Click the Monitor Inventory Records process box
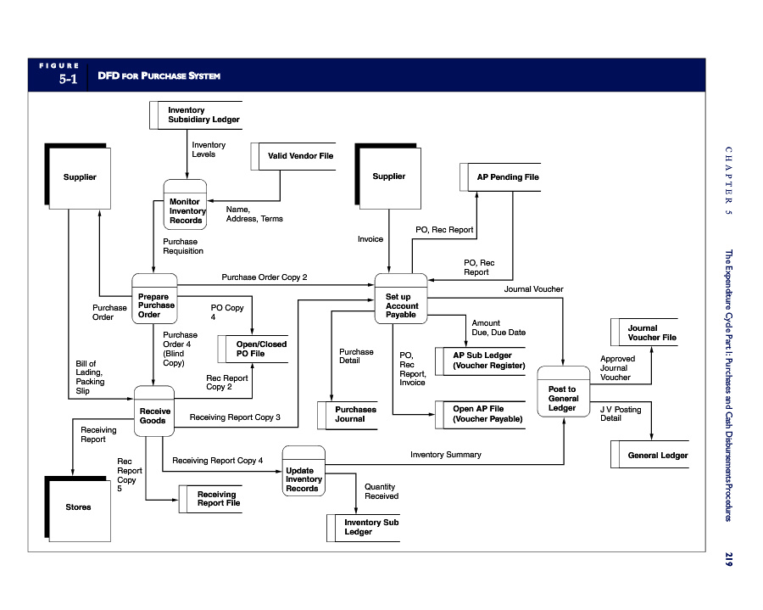coord(185,204)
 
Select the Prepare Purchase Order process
coord(155,299)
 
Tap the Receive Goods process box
coord(154,411)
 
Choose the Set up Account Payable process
coord(401,299)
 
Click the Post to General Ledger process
coord(564,392)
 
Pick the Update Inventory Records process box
coord(304,471)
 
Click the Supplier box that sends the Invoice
coord(387,176)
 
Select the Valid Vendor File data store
coord(293,156)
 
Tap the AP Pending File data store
coord(500,177)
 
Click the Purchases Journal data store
coord(348,415)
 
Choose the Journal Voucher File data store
coord(644,333)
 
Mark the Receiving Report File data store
coord(210,499)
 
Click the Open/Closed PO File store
coord(253,349)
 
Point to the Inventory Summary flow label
coord(446,455)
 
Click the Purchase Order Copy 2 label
coord(265,277)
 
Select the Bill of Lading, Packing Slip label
coord(90,378)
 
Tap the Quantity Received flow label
coord(381,491)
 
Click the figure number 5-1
coord(68,79)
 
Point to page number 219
coord(728,559)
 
